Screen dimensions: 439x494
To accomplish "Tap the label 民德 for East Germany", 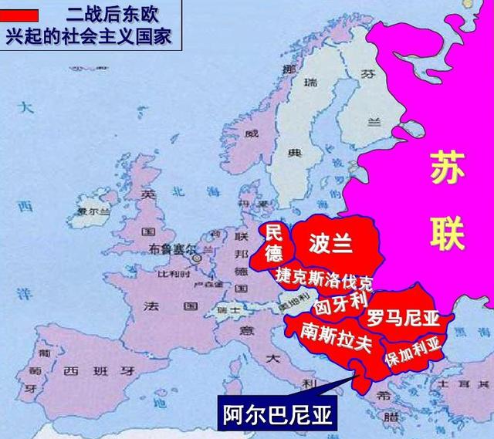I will pos(274,241).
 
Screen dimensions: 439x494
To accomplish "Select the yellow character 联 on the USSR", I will pos(448,231).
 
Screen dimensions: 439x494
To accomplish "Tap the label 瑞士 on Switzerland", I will pos(226,309).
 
